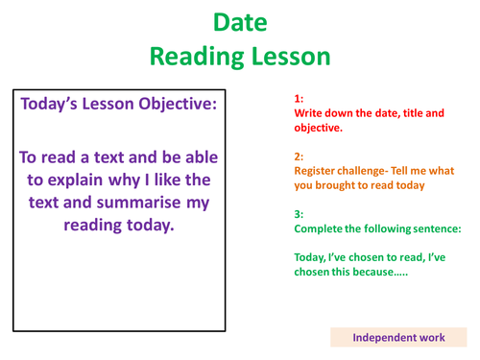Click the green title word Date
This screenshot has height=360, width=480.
point(239,22)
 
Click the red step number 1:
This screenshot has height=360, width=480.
point(299,99)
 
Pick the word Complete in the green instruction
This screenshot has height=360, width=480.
point(322,231)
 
